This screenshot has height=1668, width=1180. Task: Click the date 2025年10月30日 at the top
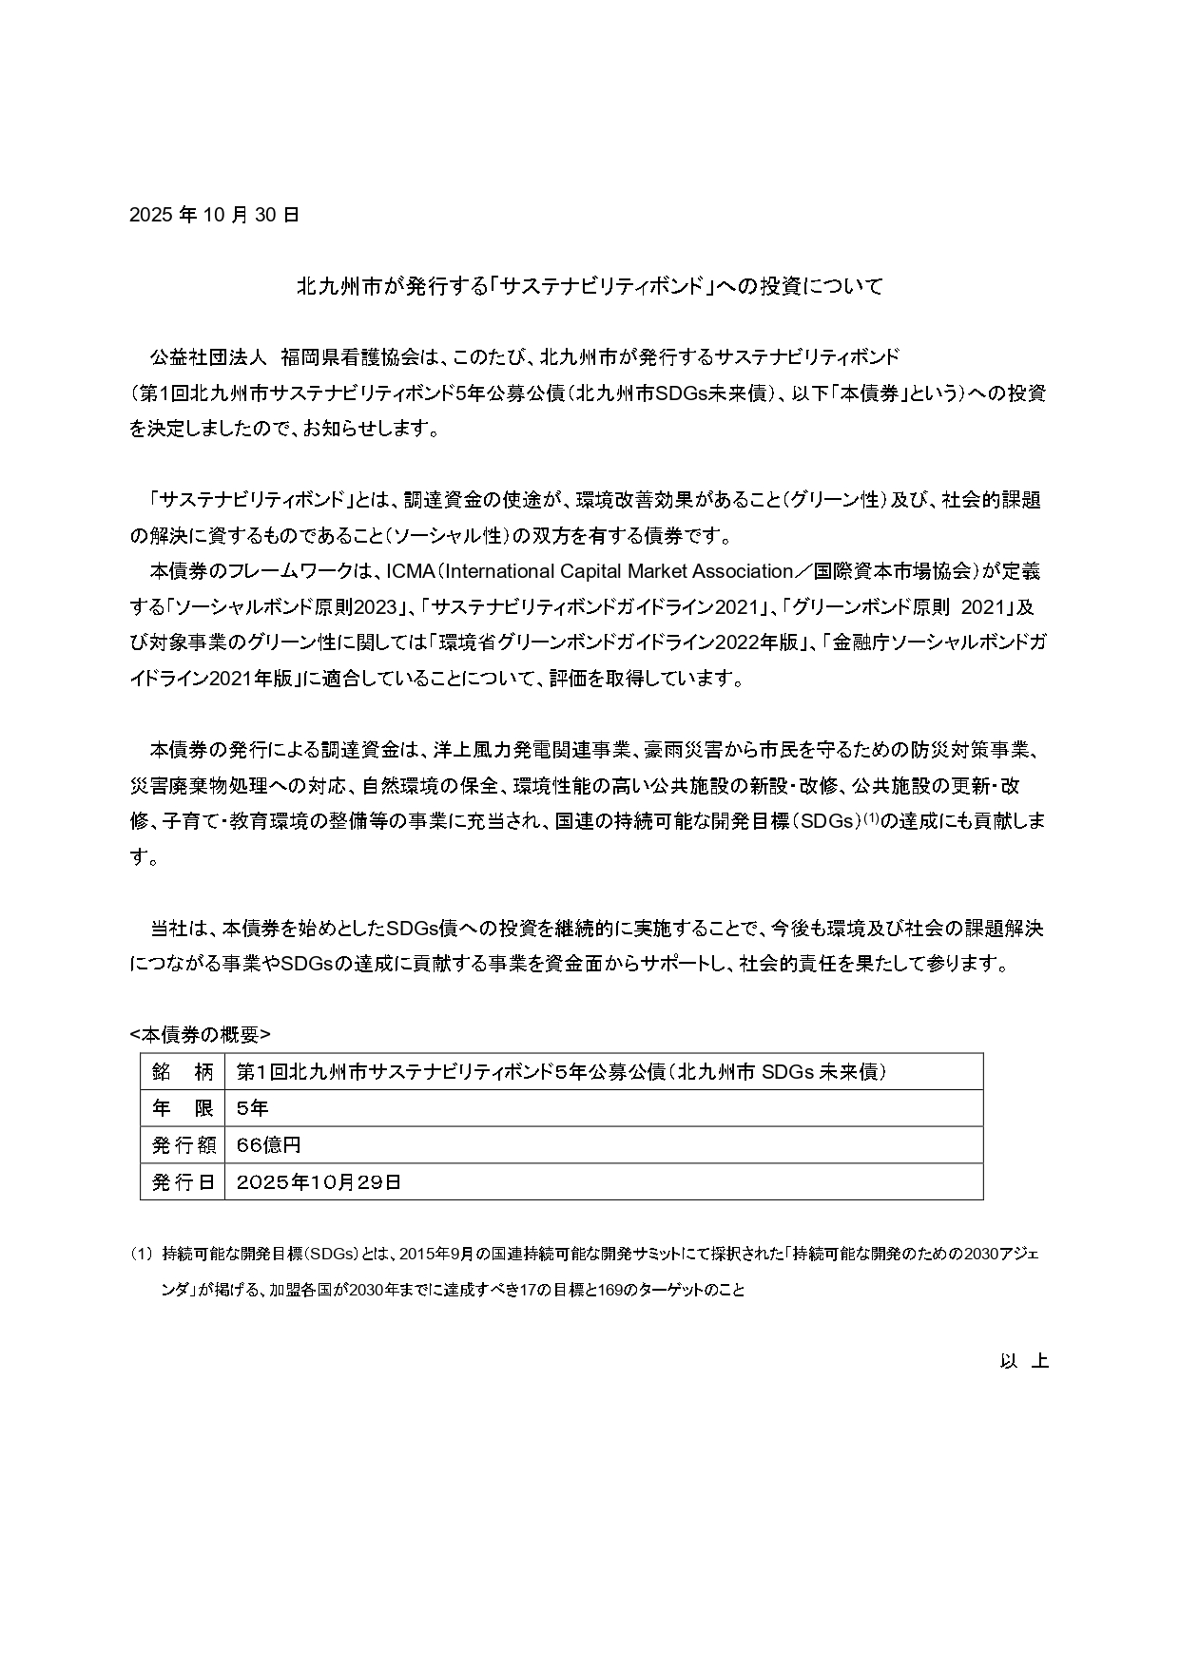point(214,215)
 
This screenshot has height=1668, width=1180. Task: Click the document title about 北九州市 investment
point(590,286)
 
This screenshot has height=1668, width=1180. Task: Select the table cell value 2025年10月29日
point(319,1182)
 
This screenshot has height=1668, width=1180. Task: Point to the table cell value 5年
point(253,1108)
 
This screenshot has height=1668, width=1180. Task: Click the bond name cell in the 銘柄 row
point(561,1072)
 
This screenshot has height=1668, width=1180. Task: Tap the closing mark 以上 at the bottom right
point(1024,1361)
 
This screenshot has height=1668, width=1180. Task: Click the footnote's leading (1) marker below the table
point(141,1255)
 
